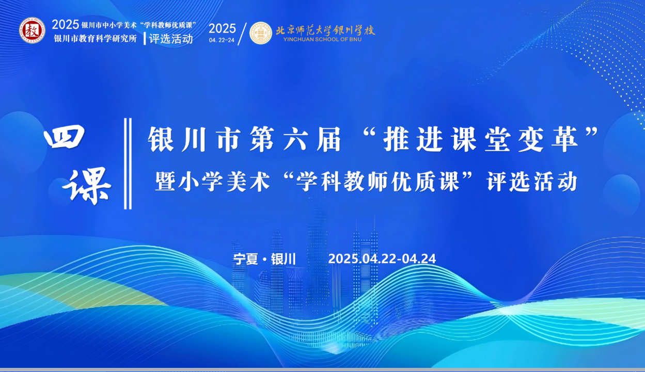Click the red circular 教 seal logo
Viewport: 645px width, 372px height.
tap(32, 30)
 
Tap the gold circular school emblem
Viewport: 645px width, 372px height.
tap(261, 33)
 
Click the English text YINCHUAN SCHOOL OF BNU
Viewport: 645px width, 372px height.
tap(322, 40)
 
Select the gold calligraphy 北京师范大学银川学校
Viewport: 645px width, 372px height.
tap(325, 30)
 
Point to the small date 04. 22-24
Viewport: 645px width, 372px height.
tap(222, 40)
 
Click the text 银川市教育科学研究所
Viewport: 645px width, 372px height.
tap(96, 39)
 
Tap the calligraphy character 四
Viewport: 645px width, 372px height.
tap(65, 137)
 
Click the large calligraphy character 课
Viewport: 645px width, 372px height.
tap(87, 186)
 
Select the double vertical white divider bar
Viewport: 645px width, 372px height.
tap(128, 164)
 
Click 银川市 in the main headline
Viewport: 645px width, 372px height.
tap(194, 139)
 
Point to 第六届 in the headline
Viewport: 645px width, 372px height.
tap(295, 139)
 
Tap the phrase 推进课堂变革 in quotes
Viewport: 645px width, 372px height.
tap(481, 139)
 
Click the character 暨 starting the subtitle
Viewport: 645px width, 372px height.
tap(166, 182)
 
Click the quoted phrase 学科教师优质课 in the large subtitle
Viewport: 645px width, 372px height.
tap(377, 182)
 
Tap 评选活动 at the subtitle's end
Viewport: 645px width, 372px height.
tap(532, 182)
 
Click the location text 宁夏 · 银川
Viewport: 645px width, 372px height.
tap(264, 259)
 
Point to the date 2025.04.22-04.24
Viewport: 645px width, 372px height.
tap(382, 259)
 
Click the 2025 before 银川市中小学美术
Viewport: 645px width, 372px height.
tap(66, 25)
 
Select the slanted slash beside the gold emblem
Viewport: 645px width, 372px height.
tap(242, 34)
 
